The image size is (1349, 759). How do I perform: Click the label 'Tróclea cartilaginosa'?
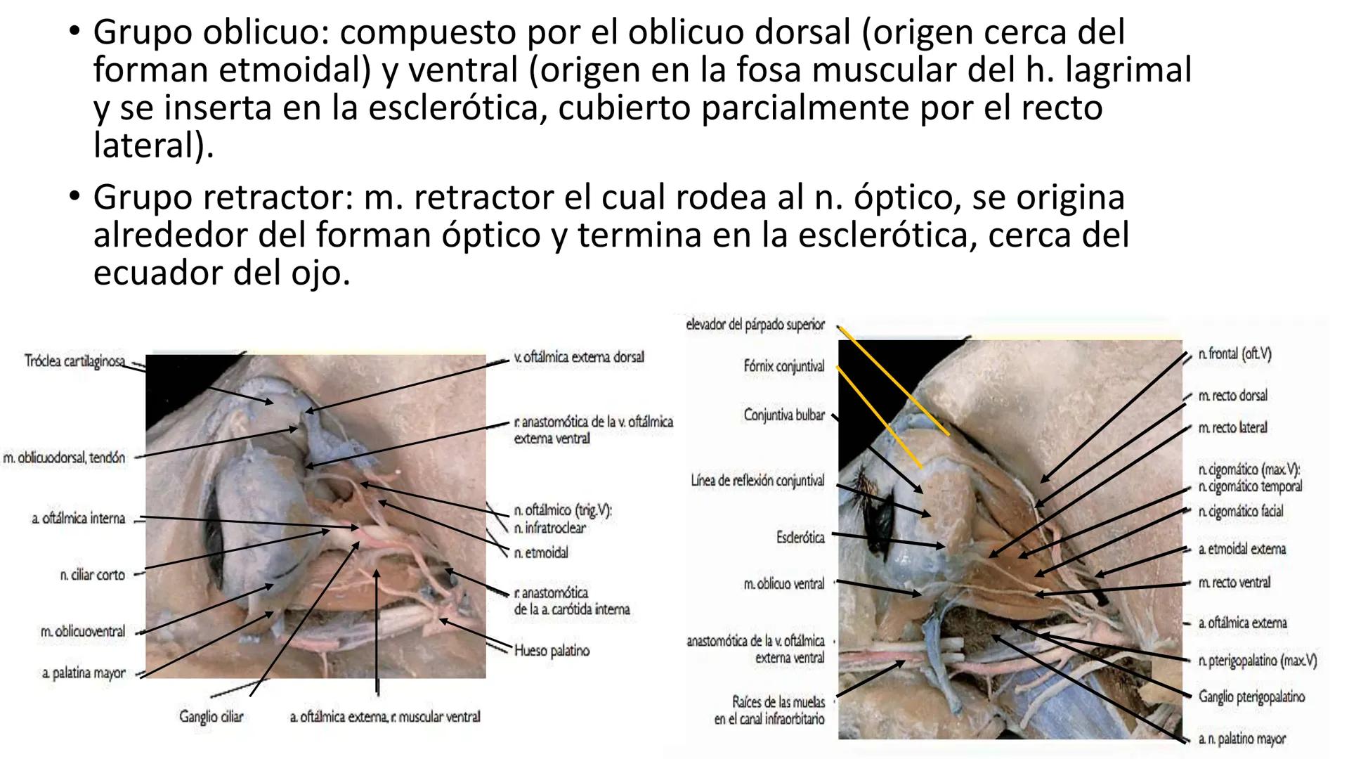point(74,361)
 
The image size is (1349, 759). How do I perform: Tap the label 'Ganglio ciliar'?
point(211,718)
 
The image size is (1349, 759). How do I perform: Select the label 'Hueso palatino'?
point(552,651)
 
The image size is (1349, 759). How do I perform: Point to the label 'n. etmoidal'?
point(541,553)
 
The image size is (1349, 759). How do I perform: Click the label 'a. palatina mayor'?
point(84,673)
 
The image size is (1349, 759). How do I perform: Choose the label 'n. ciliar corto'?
point(92,575)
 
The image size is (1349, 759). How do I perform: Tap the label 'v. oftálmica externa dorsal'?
point(579,357)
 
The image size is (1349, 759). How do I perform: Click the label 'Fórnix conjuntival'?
point(783,366)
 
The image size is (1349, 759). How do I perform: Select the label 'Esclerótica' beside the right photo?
point(800,538)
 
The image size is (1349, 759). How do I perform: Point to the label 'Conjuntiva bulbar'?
point(784,415)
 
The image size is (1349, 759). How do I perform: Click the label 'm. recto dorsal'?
point(1233,396)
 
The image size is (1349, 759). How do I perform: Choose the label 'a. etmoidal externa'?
point(1242,549)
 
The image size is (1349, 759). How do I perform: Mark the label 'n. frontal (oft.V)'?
point(1234,354)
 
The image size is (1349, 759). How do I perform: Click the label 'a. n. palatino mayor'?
point(1242,739)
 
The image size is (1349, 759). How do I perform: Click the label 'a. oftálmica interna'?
point(78,519)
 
